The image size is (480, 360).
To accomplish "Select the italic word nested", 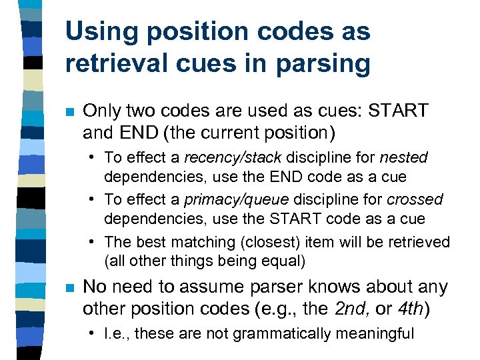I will point(403,158).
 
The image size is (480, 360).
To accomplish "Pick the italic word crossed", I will point(415,200).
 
